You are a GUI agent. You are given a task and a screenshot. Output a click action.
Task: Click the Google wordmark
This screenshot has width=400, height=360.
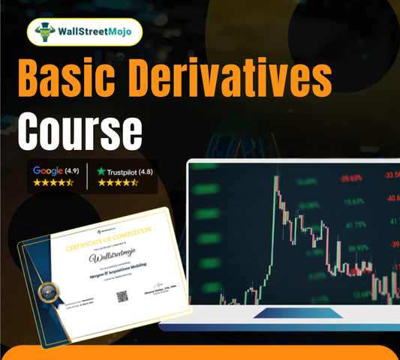click(47, 170)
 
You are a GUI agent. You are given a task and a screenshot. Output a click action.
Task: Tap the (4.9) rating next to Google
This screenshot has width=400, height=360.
click(73, 170)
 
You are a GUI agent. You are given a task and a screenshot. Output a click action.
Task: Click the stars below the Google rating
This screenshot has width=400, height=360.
click(56, 182)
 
